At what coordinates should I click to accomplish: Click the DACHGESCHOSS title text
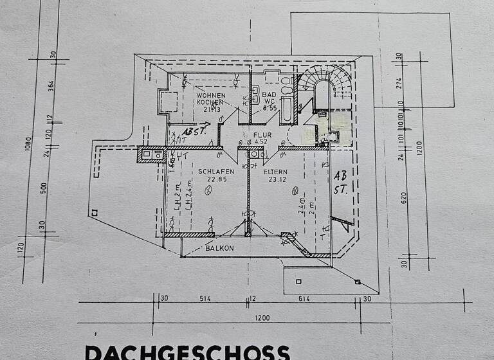[x=187, y=352]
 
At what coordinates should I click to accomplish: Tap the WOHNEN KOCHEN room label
[x=210, y=98]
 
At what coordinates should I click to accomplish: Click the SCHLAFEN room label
[x=215, y=172]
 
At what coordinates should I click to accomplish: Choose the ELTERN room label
[x=277, y=172]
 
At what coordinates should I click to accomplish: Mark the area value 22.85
[x=215, y=179]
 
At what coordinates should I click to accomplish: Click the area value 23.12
[x=277, y=179]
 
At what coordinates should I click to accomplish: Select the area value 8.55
[x=270, y=109]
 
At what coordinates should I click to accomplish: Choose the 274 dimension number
[x=399, y=82]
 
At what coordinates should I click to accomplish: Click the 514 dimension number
[x=205, y=298]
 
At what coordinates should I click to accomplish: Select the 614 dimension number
[x=305, y=298]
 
